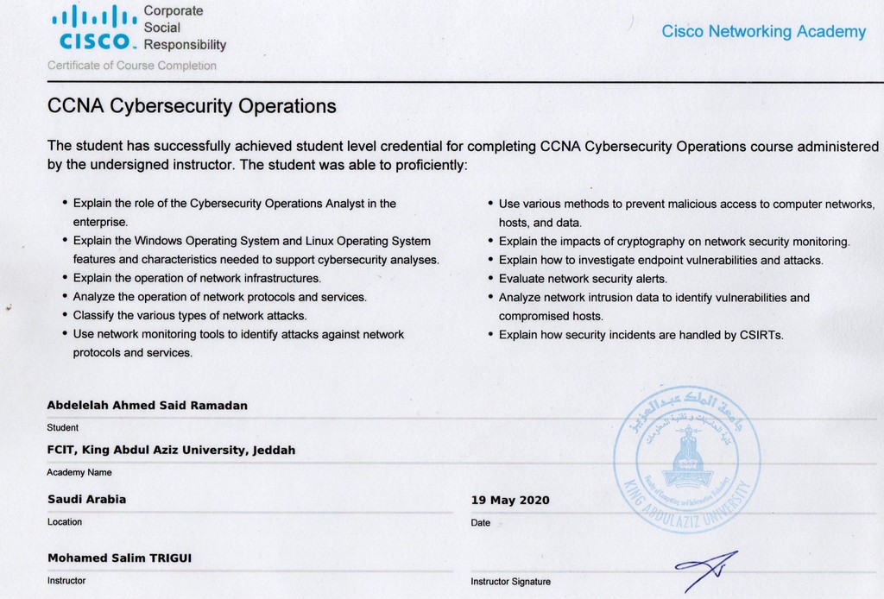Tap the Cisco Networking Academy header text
763,32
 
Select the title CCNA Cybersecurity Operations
191,107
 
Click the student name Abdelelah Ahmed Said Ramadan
147,406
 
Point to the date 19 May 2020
509,501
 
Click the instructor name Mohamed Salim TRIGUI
119,558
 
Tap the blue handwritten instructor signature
706,569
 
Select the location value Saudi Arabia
86,499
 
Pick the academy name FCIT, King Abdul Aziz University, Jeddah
171,450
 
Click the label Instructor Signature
510,582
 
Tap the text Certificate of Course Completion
132,66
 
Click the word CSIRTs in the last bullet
761,335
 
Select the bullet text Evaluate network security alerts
583,279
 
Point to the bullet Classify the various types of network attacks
190,315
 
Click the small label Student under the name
62,427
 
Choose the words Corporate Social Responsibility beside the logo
184,28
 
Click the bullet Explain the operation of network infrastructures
197,278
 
